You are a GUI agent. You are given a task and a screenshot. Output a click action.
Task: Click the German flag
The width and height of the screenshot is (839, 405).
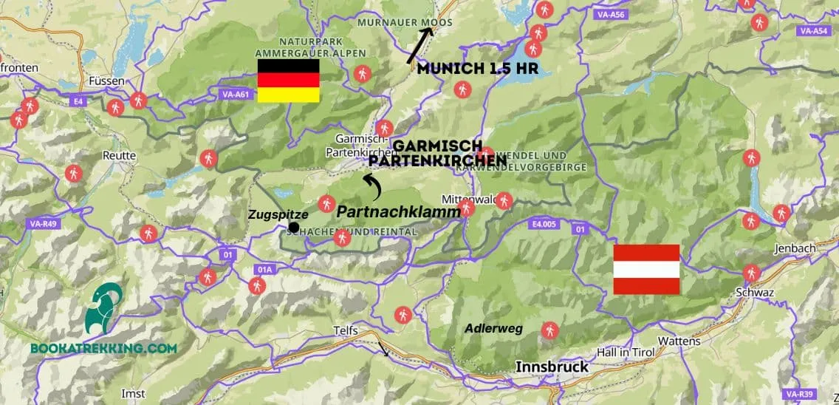[x=288, y=81]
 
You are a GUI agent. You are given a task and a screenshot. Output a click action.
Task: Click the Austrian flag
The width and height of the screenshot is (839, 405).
[x=646, y=270]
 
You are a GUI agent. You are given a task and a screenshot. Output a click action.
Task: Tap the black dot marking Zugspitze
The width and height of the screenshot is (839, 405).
[x=294, y=227]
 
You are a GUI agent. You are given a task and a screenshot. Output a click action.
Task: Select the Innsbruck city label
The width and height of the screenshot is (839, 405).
[x=552, y=367]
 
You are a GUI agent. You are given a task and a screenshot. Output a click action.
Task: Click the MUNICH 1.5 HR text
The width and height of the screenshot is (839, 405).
[x=477, y=69]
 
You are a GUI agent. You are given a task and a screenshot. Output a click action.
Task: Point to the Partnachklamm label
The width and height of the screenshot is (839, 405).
[x=398, y=211]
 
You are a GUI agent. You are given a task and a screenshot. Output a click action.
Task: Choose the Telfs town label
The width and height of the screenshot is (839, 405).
[x=350, y=333]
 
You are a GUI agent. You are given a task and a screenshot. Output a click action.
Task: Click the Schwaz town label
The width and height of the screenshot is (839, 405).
[x=755, y=293]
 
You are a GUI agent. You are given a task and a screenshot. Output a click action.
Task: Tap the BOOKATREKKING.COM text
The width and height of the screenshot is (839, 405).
[x=103, y=348]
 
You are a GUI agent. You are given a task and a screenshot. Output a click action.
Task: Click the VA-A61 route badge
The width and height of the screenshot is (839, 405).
[x=236, y=94]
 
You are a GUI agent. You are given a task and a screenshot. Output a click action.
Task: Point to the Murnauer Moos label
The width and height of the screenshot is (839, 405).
[x=405, y=23]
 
